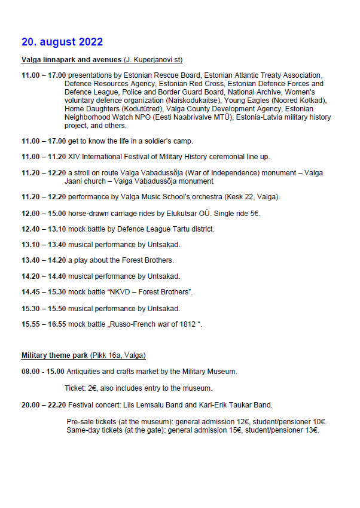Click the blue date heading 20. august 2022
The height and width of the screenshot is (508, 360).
[x=62, y=42]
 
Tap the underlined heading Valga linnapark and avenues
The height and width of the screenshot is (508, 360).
[x=72, y=60]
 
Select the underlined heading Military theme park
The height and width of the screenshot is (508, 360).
[x=55, y=355]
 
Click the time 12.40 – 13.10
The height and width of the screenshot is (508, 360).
[x=43, y=229]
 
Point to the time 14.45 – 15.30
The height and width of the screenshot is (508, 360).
[x=43, y=292]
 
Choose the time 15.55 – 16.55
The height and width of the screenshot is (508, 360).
[x=43, y=324]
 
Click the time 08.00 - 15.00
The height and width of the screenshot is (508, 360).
[x=43, y=372]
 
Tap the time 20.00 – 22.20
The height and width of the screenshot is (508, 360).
[x=43, y=405]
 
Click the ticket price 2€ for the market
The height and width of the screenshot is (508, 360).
[x=93, y=388]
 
